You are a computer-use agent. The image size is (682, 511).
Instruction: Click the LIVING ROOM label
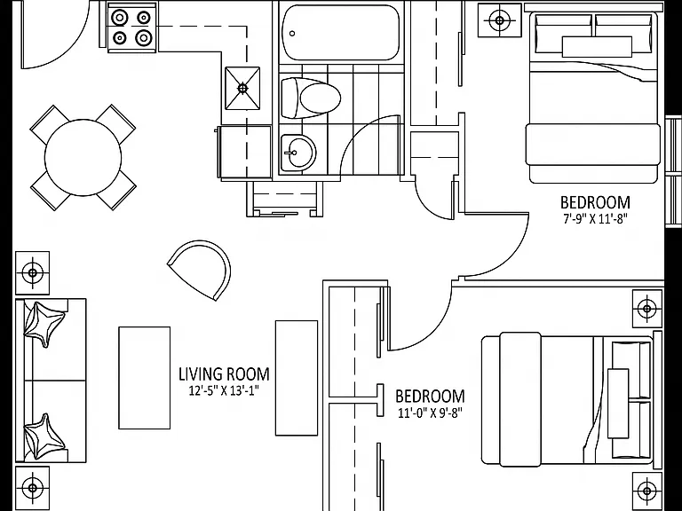(224, 374)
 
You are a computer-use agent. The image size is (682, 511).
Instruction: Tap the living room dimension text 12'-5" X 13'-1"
(224, 390)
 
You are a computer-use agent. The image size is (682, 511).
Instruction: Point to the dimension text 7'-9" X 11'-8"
(595, 219)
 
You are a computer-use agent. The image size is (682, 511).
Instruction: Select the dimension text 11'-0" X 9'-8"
(430, 413)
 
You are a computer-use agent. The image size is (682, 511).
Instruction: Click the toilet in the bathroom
(310, 98)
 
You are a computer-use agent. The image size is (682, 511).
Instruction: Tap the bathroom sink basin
(297, 153)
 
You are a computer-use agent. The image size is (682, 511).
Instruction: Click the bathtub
(340, 33)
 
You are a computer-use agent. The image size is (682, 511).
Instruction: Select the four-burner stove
(131, 28)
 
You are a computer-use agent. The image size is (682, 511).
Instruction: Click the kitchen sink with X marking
(242, 88)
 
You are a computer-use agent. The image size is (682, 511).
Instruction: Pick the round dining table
(83, 157)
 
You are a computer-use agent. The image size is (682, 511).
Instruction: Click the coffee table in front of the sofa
(145, 378)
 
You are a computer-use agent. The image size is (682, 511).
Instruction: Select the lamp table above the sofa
(33, 273)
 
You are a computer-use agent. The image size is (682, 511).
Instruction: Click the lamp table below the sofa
(33, 488)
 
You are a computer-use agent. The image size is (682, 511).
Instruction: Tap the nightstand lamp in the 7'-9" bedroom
(499, 20)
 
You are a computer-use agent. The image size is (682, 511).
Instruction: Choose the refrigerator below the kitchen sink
(245, 152)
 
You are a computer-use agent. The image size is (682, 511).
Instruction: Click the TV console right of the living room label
(297, 378)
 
